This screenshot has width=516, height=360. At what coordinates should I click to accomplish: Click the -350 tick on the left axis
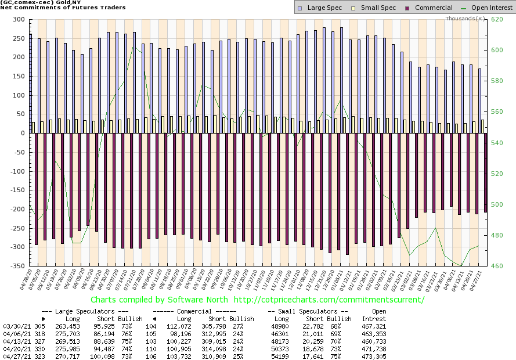[x=17, y=266]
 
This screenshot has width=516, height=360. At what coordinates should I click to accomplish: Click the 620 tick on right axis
[x=497, y=19]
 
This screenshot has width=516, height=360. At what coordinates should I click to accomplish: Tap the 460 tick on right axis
[x=497, y=266]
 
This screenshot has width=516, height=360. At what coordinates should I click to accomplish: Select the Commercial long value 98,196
[x=178, y=334]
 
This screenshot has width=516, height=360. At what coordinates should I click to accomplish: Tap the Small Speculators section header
[x=308, y=311]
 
